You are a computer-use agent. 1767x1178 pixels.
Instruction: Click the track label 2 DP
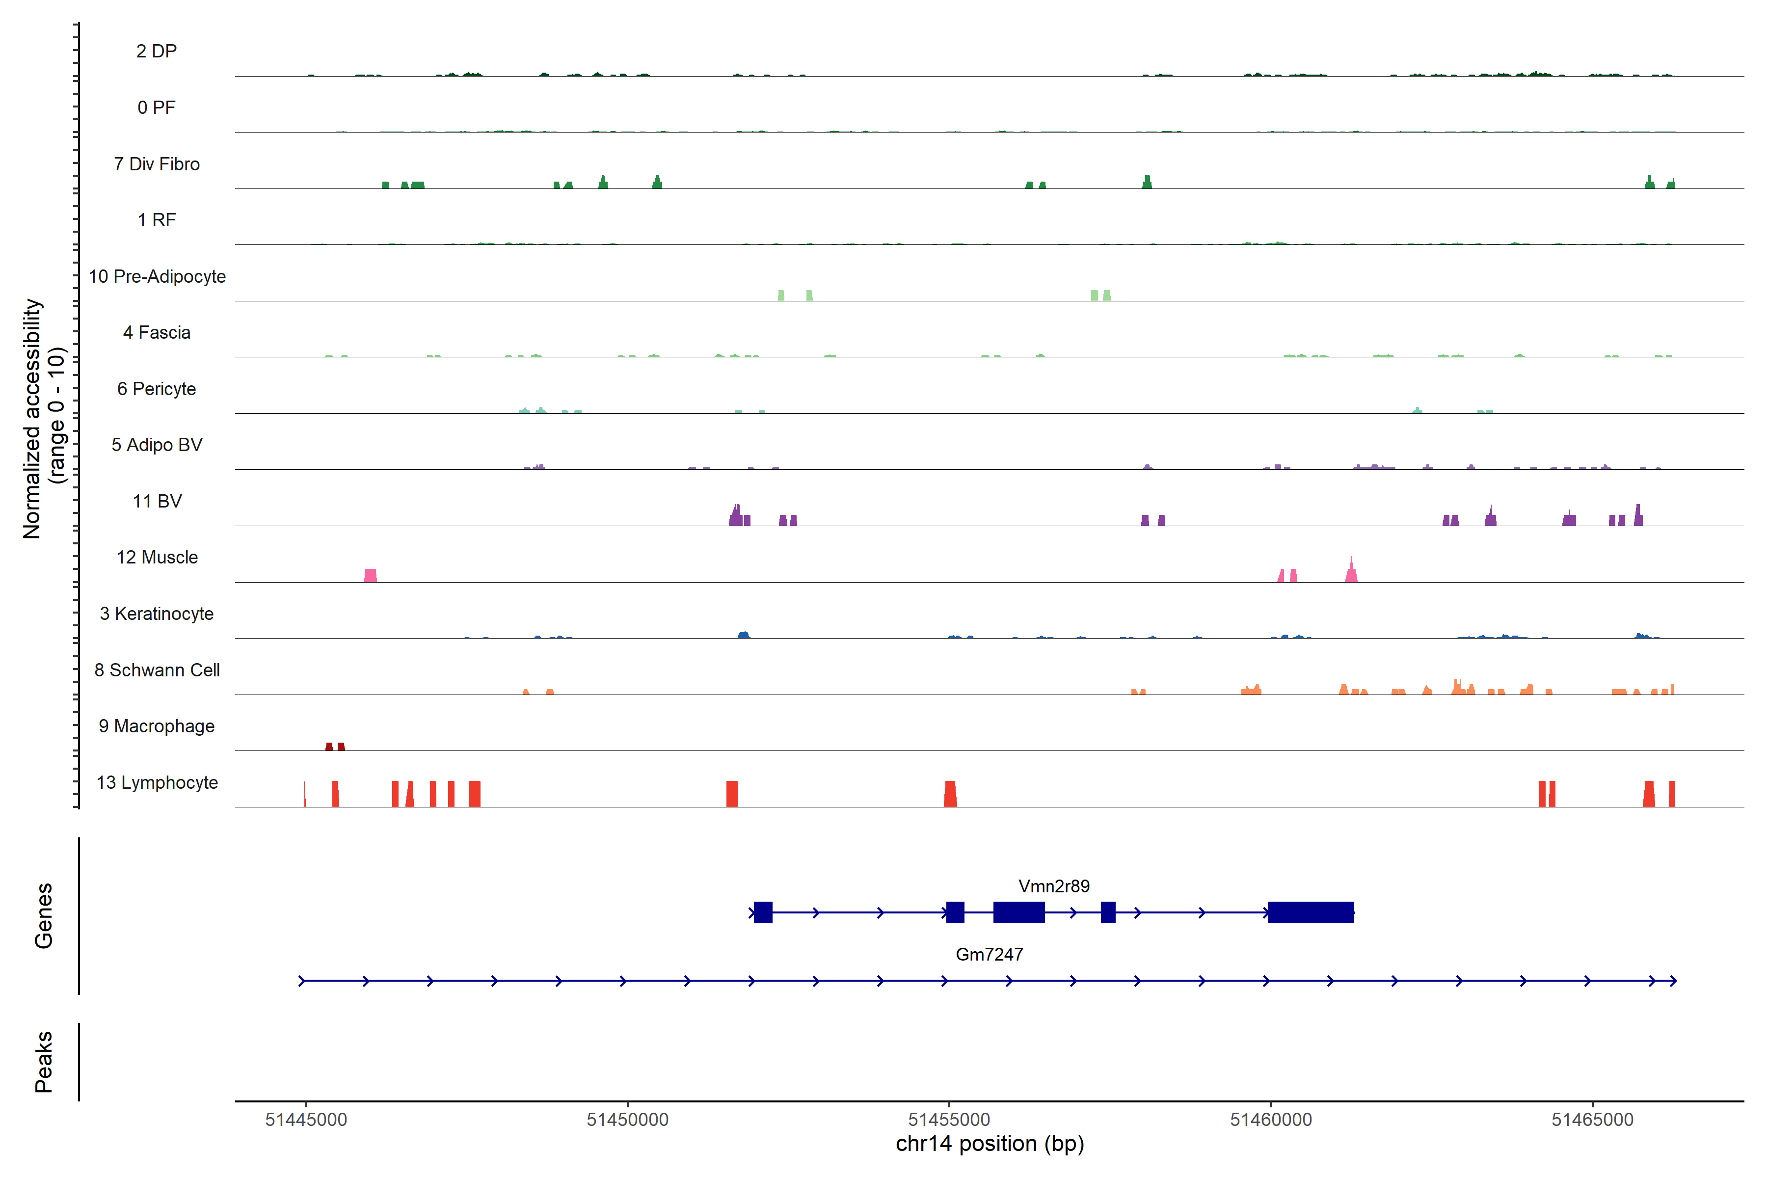[156, 51]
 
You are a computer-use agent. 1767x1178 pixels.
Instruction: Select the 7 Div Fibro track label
[156, 164]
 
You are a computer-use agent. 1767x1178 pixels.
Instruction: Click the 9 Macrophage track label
[156, 726]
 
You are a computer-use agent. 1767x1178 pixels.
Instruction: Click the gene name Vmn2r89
[1053, 886]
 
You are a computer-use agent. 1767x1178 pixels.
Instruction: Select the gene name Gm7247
[989, 954]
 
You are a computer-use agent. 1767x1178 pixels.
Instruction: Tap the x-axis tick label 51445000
[306, 1120]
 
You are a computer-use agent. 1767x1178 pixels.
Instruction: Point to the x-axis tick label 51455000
[949, 1120]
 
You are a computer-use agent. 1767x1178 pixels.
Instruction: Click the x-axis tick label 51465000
[1592, 1120]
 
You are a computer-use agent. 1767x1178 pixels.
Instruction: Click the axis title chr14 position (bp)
[990, 1144]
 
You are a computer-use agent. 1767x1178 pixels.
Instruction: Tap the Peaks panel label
[44, 1062]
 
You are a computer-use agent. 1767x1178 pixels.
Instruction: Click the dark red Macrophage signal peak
[335, 746]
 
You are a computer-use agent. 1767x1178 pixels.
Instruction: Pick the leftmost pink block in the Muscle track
[371, 575]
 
